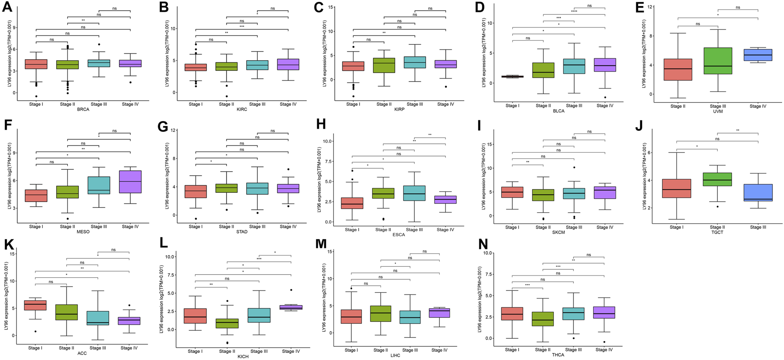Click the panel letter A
point(7,8)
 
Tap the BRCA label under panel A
point(83,110)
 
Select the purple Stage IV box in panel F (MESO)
point(130,181)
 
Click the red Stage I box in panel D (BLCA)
point(512,77)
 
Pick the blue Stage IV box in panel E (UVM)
point(757,55)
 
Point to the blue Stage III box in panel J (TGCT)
point(758,192)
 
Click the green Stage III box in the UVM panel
point(718,61)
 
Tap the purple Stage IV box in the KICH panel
point(291,307)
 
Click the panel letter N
point(483,245)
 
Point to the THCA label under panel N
point(558,355)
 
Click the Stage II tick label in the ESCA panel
point(383,230)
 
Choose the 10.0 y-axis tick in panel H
point(327,141)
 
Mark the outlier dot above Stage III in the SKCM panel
point(574,168)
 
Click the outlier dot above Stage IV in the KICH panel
point(291,290)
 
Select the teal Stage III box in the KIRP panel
point(415,62)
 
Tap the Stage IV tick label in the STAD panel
point(288,226)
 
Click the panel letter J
point(638,126)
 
